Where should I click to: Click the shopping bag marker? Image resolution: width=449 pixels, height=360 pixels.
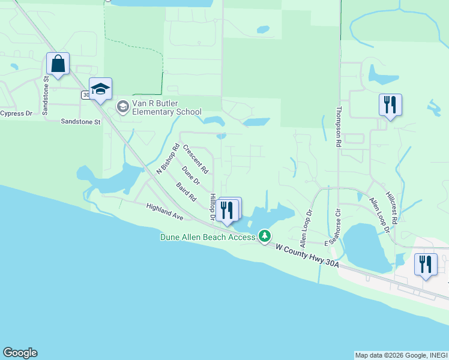58,64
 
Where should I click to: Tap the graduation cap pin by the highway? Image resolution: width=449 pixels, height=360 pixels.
101,89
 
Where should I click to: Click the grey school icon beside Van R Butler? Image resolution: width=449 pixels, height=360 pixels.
123,107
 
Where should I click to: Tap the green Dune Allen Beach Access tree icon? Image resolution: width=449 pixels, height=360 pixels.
264,236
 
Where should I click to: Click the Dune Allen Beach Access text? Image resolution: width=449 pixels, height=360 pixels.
208,236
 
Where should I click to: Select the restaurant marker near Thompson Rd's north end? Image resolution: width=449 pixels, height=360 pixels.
390,106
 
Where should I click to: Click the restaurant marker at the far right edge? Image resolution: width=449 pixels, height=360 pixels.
426,265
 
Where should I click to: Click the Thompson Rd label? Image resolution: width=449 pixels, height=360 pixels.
339,128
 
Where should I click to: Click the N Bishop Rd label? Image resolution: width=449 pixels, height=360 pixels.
168,158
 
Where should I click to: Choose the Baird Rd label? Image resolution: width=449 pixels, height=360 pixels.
187,192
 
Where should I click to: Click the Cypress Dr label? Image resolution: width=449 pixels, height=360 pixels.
16,113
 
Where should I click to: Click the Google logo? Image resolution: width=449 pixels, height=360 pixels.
20,353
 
